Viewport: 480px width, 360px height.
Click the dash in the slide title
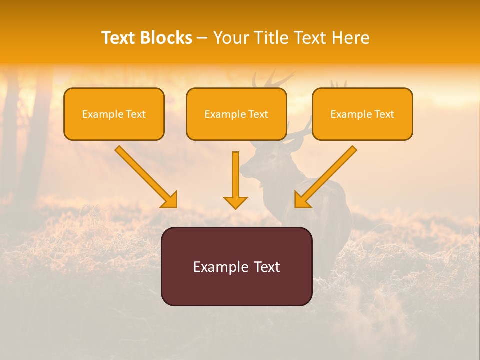[x=202, y=38]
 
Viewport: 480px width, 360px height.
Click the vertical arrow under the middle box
[x=235, y=177]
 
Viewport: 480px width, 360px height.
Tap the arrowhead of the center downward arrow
[x=235, y=202]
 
